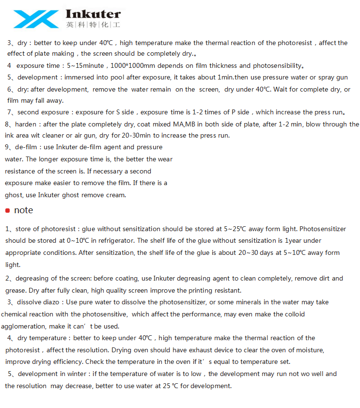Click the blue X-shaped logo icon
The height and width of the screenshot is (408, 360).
pyautogui.click(x=36, y=19)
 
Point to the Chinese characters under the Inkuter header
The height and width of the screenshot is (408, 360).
pyautogui.click(x=93, y=24)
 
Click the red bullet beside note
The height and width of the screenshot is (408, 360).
pyautogui.click(x=7, y=210)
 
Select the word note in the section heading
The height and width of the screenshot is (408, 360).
pyautogui.click(x=24, y=210)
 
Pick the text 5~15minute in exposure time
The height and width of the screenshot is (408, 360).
pyautogui.click(x=85, y=65)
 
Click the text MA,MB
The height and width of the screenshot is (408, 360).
pyautogui.click(x=186, y=125)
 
